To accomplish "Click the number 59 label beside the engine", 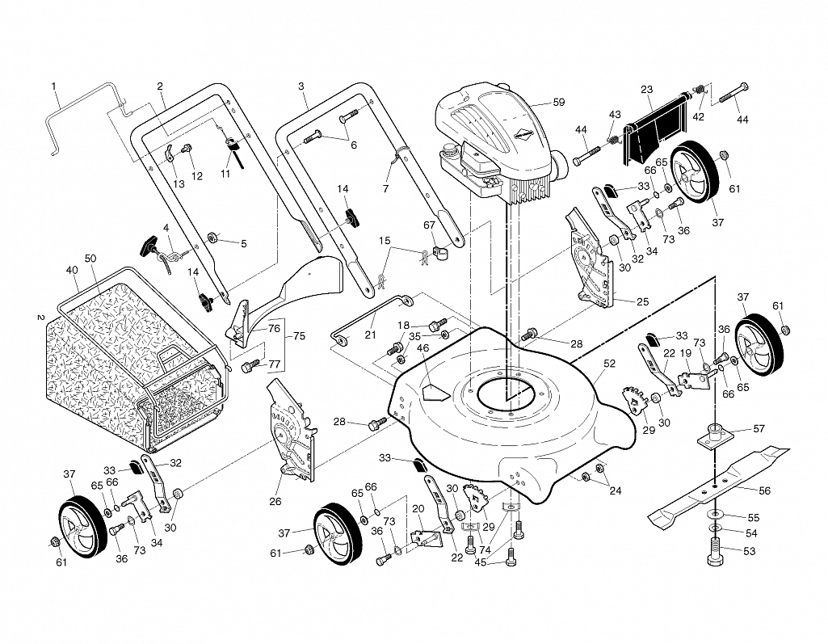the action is point(559,102).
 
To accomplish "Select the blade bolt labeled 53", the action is point(714,552).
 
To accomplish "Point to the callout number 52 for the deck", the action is point(609,364).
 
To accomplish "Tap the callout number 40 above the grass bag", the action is point(72,271).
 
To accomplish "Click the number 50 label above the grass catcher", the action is point(90,259).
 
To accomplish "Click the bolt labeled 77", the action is point(251,365).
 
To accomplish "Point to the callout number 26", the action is point(275,501).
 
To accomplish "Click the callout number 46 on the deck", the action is point(423,348).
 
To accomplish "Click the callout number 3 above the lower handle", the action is point(301,86).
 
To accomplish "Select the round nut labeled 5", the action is point(214,237).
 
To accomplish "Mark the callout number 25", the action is point(643,302).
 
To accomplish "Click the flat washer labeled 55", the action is point(714,514).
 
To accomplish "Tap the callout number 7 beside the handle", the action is point(385,188).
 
